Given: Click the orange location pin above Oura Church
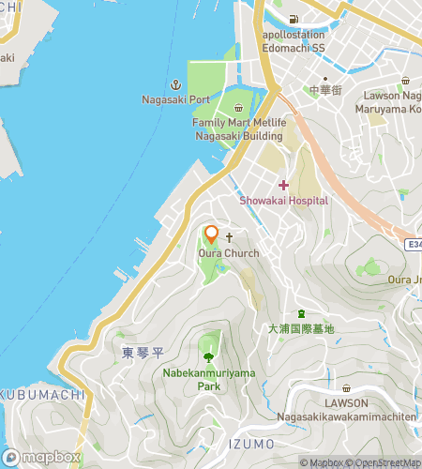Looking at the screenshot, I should coord(211,234).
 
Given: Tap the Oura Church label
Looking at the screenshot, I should coord(228,253).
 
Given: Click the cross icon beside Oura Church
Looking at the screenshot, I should coord(228,238).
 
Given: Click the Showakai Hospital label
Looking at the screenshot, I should coord(283,200).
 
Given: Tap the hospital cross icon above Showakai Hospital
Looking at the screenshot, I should coord(283,185).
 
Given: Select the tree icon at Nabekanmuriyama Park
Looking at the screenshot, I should coord(208,356).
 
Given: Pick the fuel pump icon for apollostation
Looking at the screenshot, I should coord(294,20).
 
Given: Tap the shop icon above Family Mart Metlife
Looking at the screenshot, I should coord(238,107).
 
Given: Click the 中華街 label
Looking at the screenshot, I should coord(321,90).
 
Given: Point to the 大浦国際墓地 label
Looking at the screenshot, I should coord(300,329).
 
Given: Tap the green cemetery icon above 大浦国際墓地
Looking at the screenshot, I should coord(300,313).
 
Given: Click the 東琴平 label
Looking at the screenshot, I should coord(142,353).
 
